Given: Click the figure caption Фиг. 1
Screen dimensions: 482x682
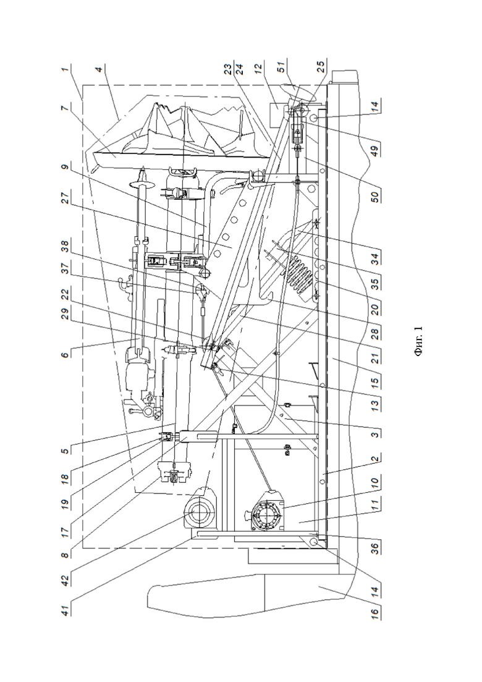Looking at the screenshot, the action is [x=419, y=341].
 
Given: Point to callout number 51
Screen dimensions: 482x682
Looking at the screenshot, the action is [x=281, y=69].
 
